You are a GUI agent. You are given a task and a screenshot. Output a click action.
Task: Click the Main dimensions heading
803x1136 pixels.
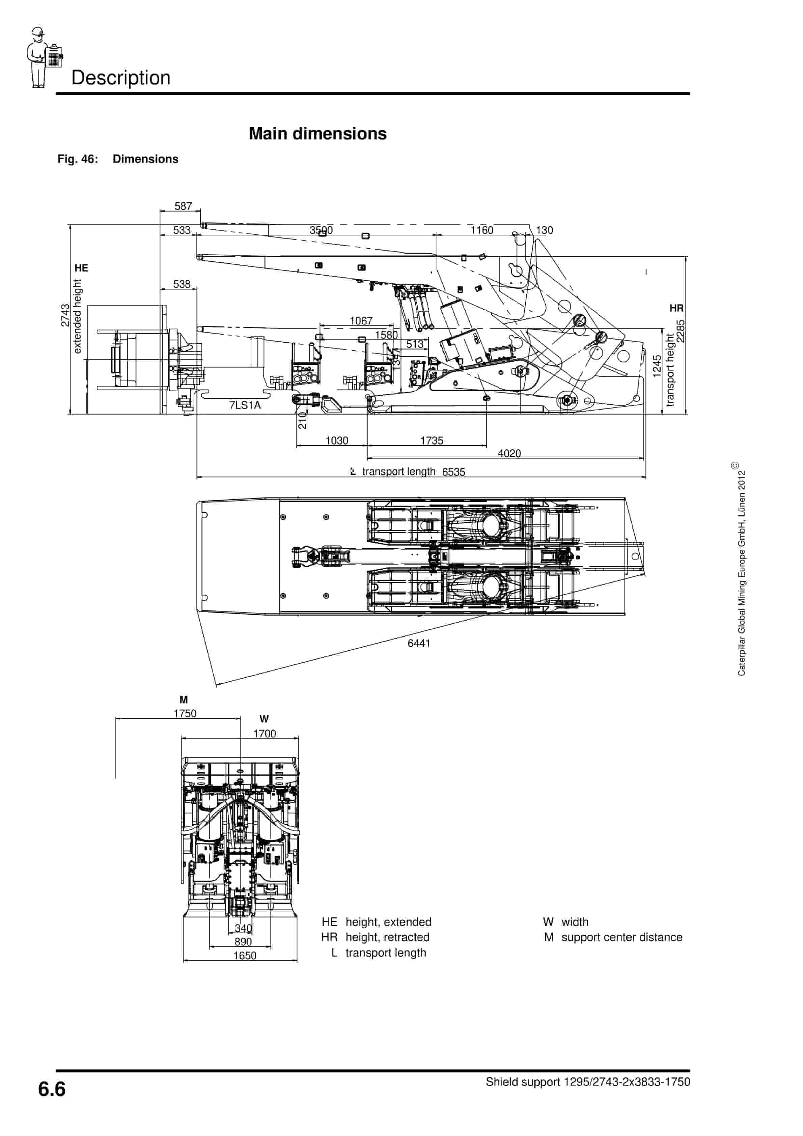tap(317, 134)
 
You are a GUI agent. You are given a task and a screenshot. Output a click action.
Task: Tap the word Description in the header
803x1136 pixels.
tap(121, 78)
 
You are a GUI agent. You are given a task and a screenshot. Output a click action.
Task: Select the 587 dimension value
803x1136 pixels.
tap(183, 206)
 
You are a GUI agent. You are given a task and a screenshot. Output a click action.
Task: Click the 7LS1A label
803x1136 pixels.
tap(245, 405)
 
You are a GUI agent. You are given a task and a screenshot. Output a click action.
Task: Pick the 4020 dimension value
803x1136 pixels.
tap(509, 453)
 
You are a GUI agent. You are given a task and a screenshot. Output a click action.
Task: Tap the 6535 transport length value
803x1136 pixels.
tap(453, 472)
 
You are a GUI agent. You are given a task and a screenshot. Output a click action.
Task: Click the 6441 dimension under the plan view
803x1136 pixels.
tap(419, 643)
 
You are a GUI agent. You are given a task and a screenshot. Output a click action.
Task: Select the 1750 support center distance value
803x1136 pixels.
tap(185, 713)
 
